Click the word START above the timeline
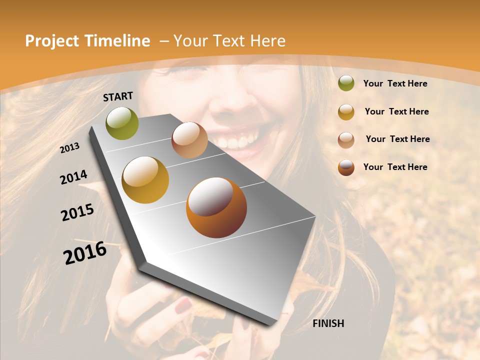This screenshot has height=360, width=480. [x=118, y=96]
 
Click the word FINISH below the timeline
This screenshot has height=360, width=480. [x=328, y=323]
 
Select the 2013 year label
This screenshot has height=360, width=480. [x=70, y=148]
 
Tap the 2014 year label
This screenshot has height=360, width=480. [x=73, y=177]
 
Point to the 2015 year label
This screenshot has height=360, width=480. [x=77, y=212]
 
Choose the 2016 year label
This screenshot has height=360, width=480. [x=85, y=253]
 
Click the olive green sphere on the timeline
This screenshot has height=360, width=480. [x=122, y=123]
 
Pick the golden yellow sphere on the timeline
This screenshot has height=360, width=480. [x=145, y=179]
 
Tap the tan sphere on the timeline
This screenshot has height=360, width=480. [x=189, y=140]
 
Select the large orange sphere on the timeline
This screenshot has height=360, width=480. [x=216, y=207]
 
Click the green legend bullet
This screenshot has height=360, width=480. [x=346, y=83]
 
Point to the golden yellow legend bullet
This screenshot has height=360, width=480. [x=346, y=111]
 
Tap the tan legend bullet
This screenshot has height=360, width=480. [x=346, y=139]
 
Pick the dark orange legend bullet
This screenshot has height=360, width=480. [x=346, y=167]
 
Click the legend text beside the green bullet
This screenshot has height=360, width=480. [x=395, y=83]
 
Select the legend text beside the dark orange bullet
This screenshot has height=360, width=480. [x=395, y=167]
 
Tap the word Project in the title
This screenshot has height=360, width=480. [x=52, y=41]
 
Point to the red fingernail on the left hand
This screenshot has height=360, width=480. [x=183, y=304]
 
